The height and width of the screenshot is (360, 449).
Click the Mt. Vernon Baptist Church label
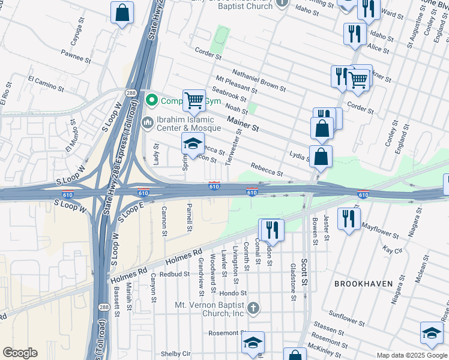[209, 309]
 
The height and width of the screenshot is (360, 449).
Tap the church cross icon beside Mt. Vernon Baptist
[253, 309]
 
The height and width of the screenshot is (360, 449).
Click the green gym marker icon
[152, 100]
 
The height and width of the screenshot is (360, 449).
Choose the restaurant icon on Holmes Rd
[271, 229]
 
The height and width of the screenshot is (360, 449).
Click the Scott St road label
[304, 272]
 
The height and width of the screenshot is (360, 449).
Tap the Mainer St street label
[243, 124]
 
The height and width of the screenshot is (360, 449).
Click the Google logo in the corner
[20, 353]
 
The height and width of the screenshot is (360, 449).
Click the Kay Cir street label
[392, 249]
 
